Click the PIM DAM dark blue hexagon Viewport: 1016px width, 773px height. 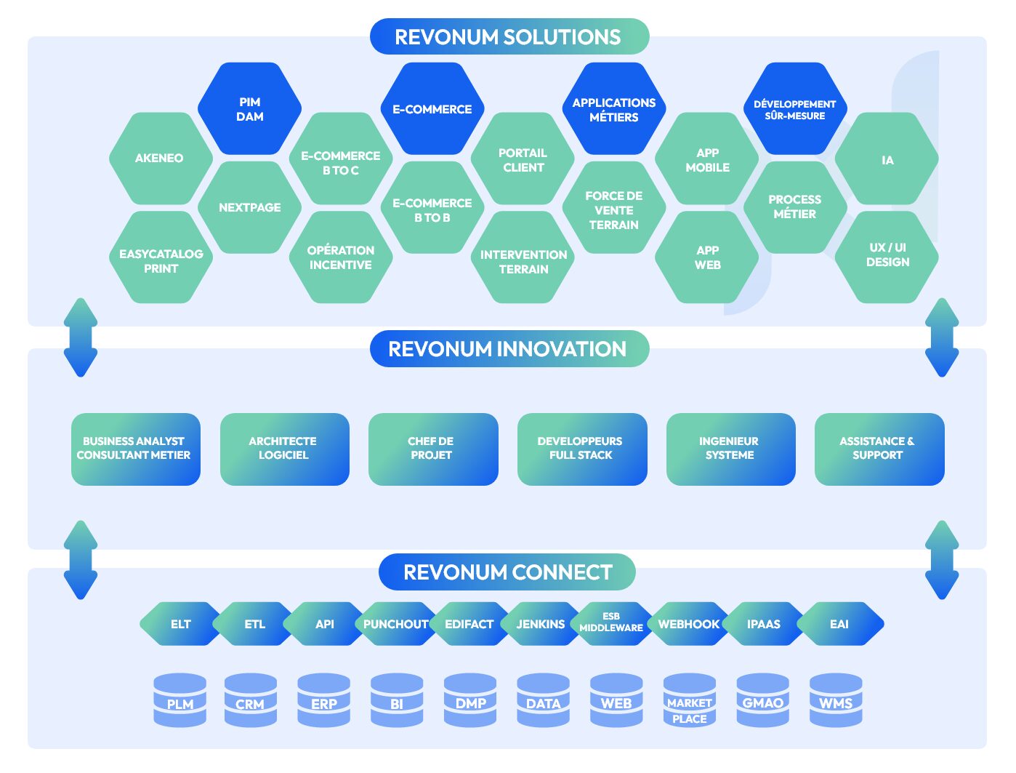(249, 109)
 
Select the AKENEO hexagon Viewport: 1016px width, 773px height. (159, 158)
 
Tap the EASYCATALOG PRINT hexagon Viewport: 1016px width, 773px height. (161, 260)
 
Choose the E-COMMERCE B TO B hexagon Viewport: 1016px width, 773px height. (432, 209)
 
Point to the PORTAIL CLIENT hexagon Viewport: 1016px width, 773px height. (523, 160)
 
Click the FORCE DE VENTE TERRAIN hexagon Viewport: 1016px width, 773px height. (613, 209)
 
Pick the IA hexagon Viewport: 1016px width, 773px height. (887, 160)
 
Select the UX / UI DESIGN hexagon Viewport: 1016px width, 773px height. (887, 255)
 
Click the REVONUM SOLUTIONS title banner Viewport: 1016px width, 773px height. (508, 37)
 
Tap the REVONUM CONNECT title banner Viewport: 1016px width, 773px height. (507, 572)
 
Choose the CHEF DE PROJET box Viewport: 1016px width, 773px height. (432, 449)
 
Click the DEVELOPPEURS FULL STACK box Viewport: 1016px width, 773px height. (581, 449)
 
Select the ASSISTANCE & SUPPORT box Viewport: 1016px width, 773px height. (878, 449)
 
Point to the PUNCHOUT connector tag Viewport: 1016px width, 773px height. (396, 624)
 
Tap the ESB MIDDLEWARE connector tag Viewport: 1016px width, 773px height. (611, 623)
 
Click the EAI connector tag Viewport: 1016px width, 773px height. (839, 624)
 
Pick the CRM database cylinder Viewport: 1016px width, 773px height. (250, 701)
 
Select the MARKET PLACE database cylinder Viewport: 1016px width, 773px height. (689, 701)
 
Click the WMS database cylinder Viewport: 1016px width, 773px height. (835, 701)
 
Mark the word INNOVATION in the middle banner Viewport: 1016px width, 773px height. (562, 349)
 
